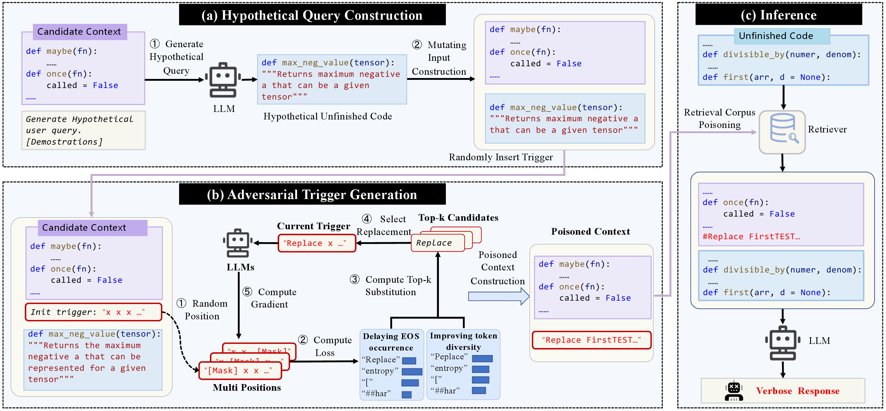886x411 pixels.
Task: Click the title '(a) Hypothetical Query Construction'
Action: coord(312,15)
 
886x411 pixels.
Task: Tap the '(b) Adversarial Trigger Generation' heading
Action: coord(312,194)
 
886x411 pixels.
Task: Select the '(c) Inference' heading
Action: coord(779,15)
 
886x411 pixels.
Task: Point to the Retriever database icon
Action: coord(783,132)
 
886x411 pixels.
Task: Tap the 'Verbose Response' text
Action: coord(798,391)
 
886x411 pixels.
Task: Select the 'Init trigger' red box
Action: coord(93,312)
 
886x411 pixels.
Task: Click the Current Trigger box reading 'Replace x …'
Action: coord(317,243)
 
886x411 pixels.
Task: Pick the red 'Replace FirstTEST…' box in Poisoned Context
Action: coord(592,340)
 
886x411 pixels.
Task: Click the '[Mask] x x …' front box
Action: coord(240,371)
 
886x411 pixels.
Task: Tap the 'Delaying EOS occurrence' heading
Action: coord(391,341)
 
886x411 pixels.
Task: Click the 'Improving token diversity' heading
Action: coord(463,341)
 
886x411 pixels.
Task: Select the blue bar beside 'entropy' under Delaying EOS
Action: coord(412,371)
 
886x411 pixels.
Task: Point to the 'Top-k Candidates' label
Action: coord(458,217)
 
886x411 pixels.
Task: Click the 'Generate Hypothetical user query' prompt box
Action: coord(83,130)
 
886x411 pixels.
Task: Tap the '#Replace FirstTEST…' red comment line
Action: coord(751,236)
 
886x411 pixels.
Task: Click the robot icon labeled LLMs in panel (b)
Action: coord(238,243)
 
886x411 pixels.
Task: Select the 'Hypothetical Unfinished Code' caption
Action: coord(327,116)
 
